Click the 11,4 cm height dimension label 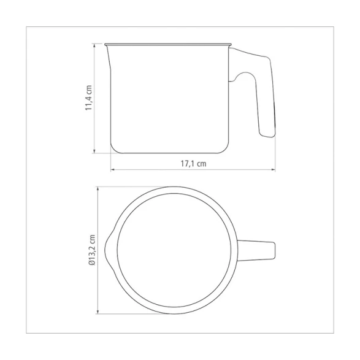[89, 98]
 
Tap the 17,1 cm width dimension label [193, 164]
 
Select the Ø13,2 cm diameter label [92, 250]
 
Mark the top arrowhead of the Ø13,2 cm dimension [98, 190]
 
